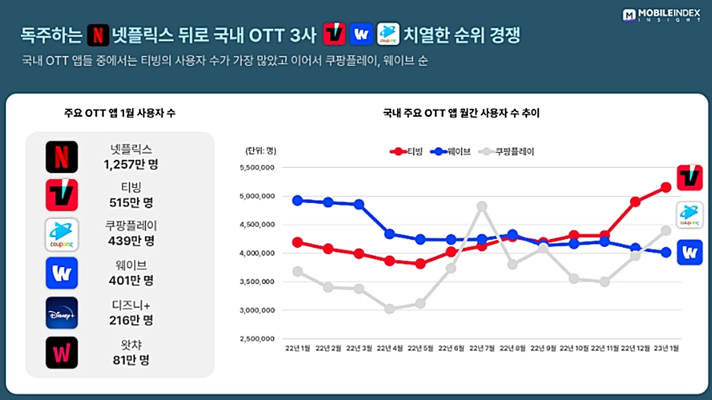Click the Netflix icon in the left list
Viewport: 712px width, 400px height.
[62, 157]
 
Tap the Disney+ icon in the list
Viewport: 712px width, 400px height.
[62, 313]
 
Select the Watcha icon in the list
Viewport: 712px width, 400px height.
[62, 353]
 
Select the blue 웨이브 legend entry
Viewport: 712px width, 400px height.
[452, 151]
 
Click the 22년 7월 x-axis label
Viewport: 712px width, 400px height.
[481, 348]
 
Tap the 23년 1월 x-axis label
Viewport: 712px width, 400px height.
[666, 348]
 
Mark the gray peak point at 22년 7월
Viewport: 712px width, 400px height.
[482, 206]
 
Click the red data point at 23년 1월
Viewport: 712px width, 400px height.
[666, 188]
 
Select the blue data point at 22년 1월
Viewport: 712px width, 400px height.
[298, 200]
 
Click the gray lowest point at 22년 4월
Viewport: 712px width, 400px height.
[390, 309]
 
